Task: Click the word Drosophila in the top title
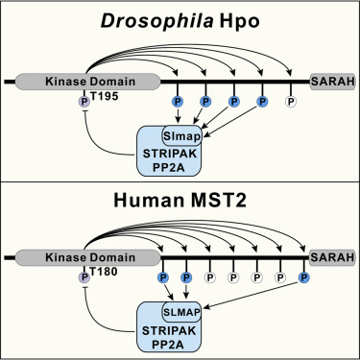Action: click(145, 21)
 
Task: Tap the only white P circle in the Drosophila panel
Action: click(290, 101)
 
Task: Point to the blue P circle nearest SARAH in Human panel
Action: click(305, 278)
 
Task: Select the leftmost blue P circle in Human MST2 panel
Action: click(162, 278)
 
